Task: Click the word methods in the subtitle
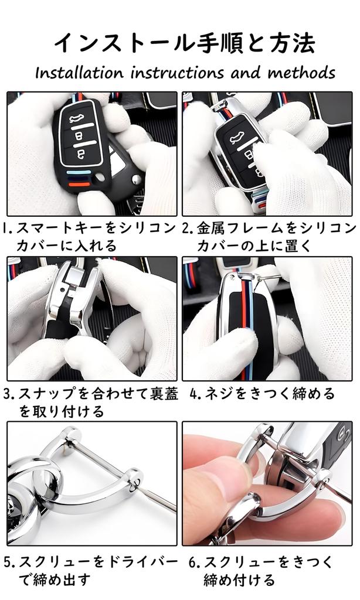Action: pyautogui.click(x=301, y=73)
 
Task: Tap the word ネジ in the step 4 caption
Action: pyautogui.click(x=217, y=393)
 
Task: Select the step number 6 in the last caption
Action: pyautogui.click(x=194, y=562)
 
